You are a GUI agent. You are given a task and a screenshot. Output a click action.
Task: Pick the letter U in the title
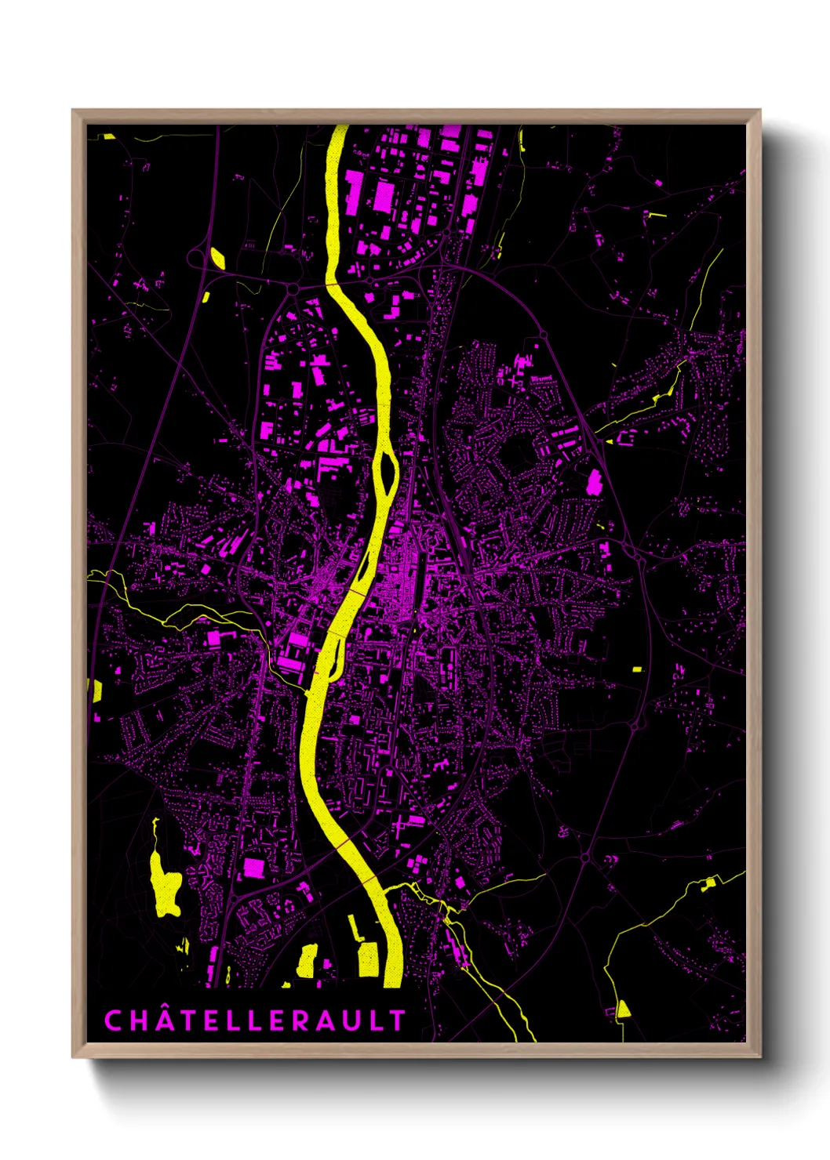pos(355,1020)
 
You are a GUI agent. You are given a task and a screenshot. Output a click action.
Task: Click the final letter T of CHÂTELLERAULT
pos(398,1020)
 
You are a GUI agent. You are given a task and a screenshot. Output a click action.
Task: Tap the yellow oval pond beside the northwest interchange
pos(217,257)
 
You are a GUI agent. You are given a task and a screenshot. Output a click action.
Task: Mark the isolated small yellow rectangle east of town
pos(637,669)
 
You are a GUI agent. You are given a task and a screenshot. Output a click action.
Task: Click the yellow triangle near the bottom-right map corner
pos(623,1009)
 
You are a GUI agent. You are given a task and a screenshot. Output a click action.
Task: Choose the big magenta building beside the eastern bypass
pos(595,482)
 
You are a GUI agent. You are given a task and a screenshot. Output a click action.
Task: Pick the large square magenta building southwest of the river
pos(253,867)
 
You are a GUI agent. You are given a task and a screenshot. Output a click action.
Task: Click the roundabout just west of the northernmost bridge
pos(293,289)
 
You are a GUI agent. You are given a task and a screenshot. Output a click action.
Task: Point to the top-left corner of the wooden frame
pos(73,111)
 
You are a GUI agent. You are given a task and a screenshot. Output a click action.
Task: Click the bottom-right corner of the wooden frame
pos(759,1057)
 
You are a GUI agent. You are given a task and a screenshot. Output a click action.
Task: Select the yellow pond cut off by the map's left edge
pos(96,690)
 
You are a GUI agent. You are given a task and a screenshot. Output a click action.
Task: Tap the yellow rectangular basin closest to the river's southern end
pos(367,959)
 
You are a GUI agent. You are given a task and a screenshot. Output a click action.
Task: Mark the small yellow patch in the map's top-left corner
pos(109,136)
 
